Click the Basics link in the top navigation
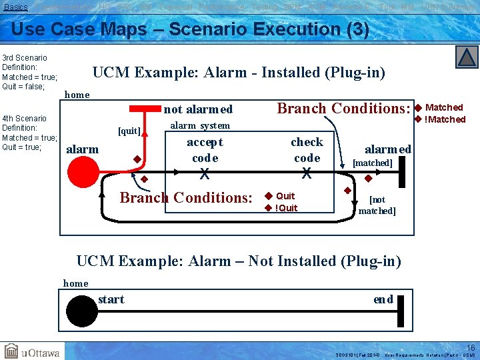click(x=16, y=7)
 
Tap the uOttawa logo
click(x=32, y=351)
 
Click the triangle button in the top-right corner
click(x=467, y=57)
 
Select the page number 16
click(x=471, y=348)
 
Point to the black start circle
click(x=81, y=310)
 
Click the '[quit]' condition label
click(x=129, y=131)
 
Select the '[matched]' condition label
click(x=372, y=163)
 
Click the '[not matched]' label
click(x=377, y=205)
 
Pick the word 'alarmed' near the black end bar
click(x=388, y=149)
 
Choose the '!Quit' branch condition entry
click(x=286, y=207)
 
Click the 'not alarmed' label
click(x=198, y=109)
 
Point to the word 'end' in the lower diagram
click(x=383, y=299)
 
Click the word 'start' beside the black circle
click(x=111, y=299)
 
